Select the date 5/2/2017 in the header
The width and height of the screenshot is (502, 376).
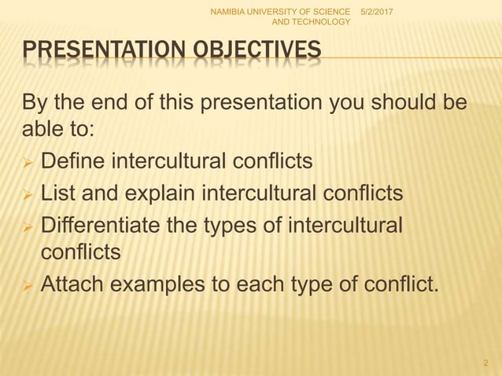click(x=378, y=10)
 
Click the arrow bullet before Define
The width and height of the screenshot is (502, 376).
click(x=25, y=163)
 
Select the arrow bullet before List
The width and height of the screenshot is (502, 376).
click(x=25, y=194)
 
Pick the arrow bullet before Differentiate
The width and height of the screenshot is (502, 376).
click(x=25, y=225)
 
